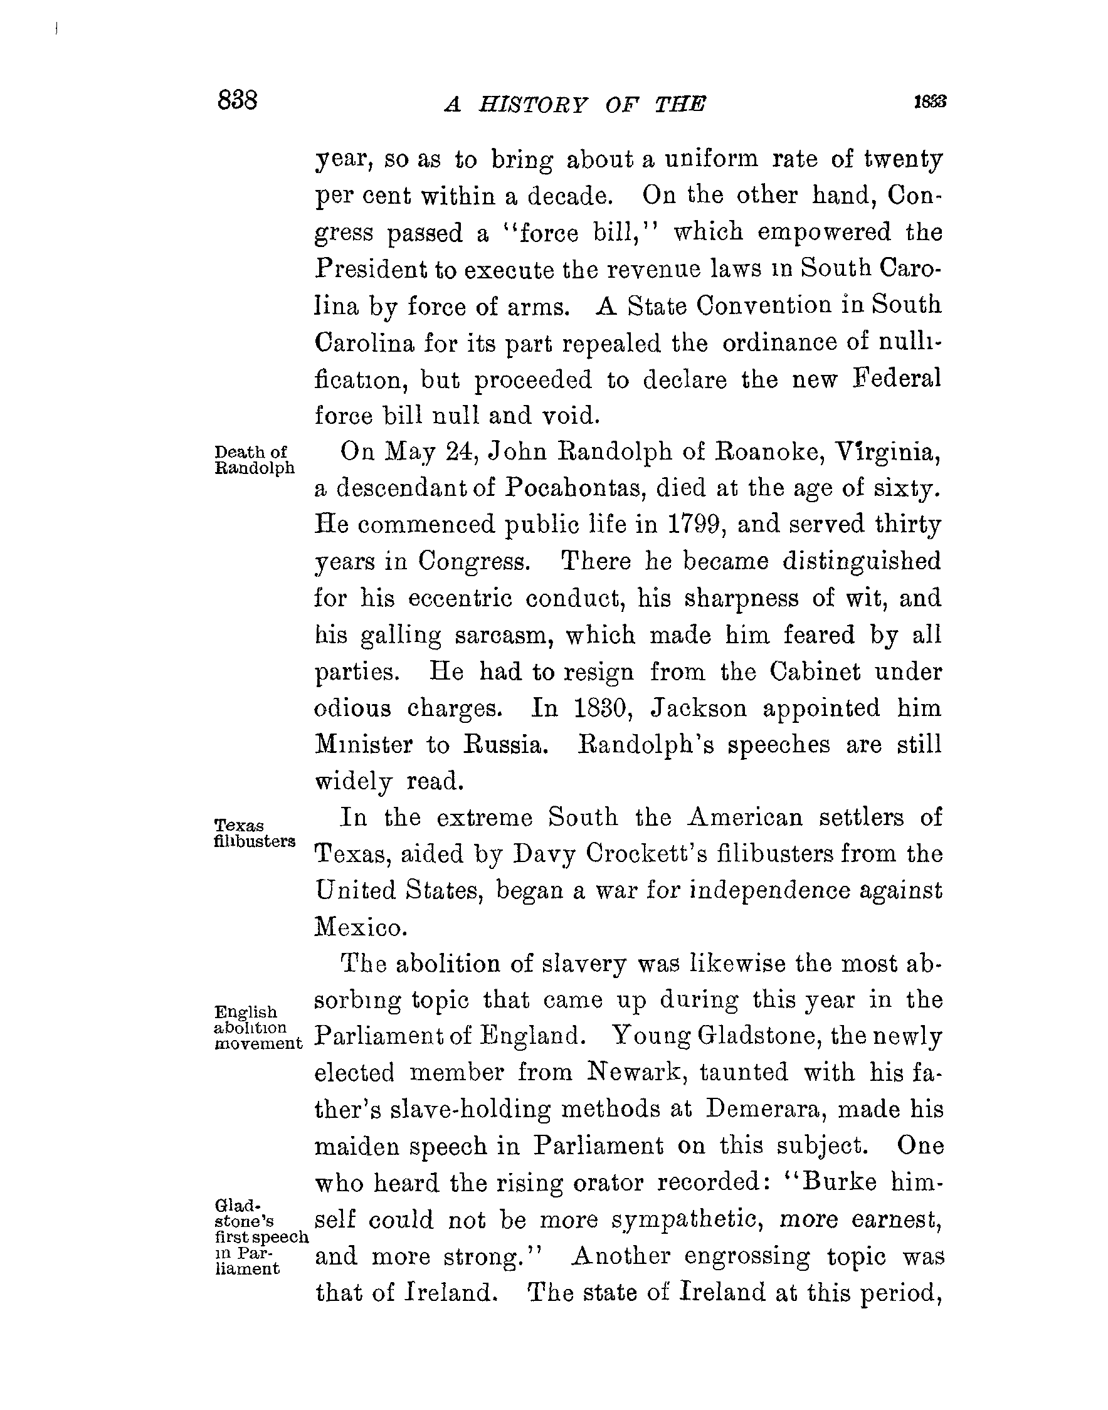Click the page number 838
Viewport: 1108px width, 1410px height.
[238, 100]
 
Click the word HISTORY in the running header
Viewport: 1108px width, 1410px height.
[532, 104]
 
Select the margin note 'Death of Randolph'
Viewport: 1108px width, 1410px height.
[254, 460]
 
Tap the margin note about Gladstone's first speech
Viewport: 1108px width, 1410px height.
[260, 1236]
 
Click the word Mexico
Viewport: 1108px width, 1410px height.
[361, 928]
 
